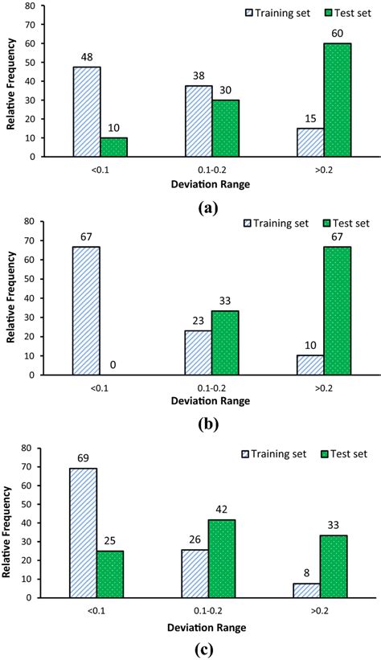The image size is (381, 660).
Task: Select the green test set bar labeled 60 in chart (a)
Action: point(338,100)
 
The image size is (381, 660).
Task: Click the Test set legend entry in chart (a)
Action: point(332,12)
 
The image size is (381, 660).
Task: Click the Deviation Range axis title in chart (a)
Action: point(211,183)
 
